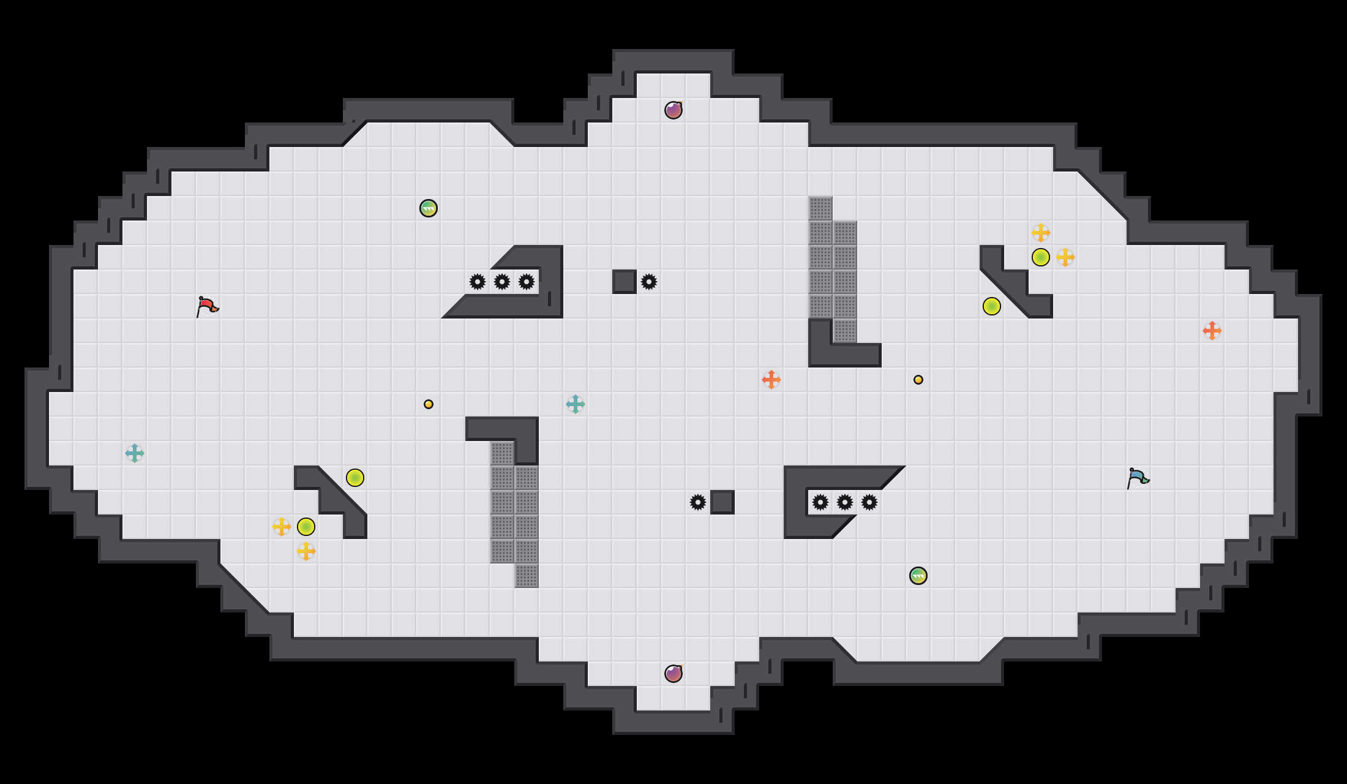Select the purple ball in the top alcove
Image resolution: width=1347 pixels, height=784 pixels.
(x=673, y=110)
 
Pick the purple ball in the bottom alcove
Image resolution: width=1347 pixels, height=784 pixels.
(x=673, y=674)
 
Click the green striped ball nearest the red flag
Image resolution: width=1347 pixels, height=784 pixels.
(x=429, y=208)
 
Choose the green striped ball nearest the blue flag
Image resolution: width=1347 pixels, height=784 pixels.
(x=918, y=576)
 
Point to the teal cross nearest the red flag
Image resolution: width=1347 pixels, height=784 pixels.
(x=135, y=453)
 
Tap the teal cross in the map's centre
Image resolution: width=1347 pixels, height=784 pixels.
(x=576, y=404)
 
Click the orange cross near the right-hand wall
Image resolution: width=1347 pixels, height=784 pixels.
(x=1212, y=331)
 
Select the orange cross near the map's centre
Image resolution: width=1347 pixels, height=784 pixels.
(x=771, y=380)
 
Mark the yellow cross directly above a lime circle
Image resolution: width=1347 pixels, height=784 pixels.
(x=1041, y=233)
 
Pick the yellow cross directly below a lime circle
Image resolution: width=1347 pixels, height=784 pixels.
(x=306, y=551)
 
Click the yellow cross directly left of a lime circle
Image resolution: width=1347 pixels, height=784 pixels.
(x=282, y=527)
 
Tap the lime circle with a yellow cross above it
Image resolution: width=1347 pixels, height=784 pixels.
(x=1041, y=257)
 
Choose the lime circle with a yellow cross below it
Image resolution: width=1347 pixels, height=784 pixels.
(x=306, y=527)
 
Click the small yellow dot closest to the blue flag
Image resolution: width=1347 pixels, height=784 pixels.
(x=918, y=380)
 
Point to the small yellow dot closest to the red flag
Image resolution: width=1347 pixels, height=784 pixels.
(x=429, y=404)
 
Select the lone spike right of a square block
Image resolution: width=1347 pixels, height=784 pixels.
(x=649, y=282)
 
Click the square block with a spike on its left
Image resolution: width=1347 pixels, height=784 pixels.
(x=722, y=502)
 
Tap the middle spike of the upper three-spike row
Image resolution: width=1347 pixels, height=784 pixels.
(x=502, y=282)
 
